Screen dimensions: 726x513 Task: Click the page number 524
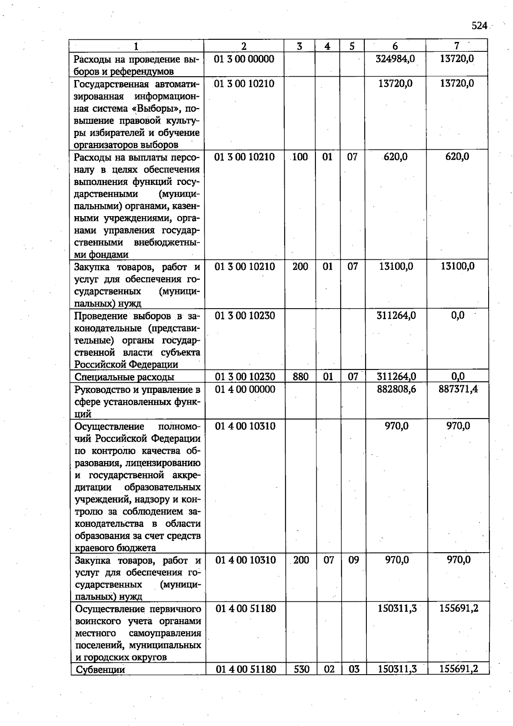[479, 26]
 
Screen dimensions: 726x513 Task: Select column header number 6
[395, 46]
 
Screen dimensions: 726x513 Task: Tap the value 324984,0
[395, 59]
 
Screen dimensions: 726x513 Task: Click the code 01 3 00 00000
[244, 59]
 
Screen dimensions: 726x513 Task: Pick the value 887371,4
[458, 389]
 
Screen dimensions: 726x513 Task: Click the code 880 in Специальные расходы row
[301, 377]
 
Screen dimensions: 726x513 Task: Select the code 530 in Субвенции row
[301, 669]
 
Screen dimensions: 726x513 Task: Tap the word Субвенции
[100, 669]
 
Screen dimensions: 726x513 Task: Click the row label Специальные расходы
[124, 377]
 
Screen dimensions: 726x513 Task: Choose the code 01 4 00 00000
[245, 389]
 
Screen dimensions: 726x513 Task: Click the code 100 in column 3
[300, 157]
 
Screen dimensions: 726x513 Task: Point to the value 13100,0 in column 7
[457, 266]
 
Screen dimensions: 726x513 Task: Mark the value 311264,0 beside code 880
[396, 377]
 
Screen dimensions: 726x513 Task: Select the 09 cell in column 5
[354, 559]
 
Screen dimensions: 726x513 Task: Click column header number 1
[136, 46]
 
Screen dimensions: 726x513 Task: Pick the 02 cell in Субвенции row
[329, 669]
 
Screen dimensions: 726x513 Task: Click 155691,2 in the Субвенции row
[459, 669]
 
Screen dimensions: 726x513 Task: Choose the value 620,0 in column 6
[395, 157]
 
